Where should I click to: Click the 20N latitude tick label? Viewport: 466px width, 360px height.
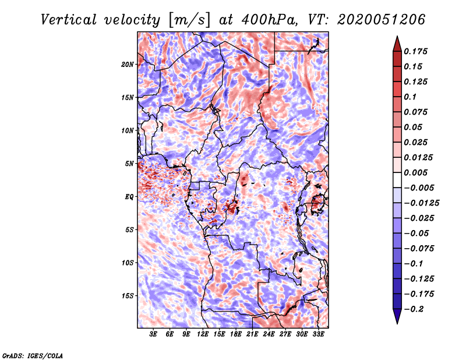pyautogui.click(x=128, y=64)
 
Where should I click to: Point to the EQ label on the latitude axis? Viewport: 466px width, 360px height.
pyautogui.click(x=130, y=197)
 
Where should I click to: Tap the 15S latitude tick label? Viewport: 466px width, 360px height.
pyautogui.click(x=128, y=296)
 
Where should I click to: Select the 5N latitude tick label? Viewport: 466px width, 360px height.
pyautogui.click(x=130, y=164)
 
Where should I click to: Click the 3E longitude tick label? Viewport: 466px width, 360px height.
pyautogui.click(x=154, y=334)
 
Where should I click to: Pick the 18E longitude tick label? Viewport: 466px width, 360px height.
pyautogui.click(x=236, y=334)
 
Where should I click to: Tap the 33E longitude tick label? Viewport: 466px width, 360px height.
pyautogui.click(x=318, y=334)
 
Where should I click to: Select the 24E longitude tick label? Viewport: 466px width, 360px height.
pyautogui.click(x=269, y=334)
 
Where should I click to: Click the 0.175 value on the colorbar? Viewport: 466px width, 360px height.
pyautogui.click(x=417, y=51)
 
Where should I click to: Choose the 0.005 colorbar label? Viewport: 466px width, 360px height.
pyautogui.click(x=417, y=172)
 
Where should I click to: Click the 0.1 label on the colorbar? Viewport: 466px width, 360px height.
pyautogui.click(x=411, y=97)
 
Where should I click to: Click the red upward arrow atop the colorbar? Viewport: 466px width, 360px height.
pyautogui.click(x=396, y=43)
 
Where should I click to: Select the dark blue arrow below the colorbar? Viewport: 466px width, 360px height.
pyautogui.click(x=396, y=317)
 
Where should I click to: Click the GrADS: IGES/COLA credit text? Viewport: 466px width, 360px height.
pyautogui.click(x=33, y=355)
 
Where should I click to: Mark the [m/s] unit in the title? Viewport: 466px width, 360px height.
pyautogui.click(x=187, y=19)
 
